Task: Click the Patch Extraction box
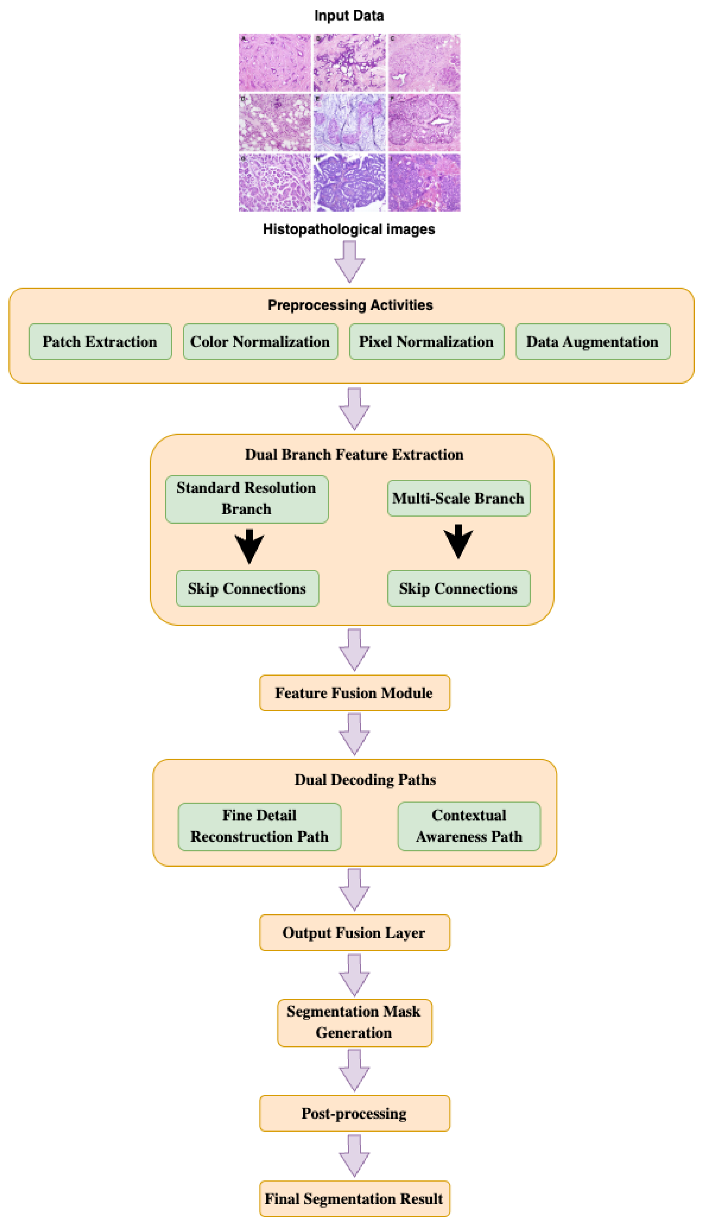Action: tap(100, 342)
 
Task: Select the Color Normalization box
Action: tap(261, 342)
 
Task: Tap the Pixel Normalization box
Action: tap(427, 342)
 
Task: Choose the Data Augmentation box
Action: tap(593, 342)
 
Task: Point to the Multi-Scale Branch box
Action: tap(459, 498)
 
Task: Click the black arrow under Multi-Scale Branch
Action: tap(458, 542)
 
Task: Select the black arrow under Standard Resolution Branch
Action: tap(249, 547)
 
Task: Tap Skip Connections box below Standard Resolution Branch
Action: tap(248, 588)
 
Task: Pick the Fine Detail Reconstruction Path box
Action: tap(259, 826)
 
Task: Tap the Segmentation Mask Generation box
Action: tap(354, 1022)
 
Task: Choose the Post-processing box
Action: tap(354, 1113)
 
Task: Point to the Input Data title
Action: tap(349, 15)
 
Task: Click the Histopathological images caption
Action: tap(349, 229)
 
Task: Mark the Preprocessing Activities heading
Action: tap(350, 305)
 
